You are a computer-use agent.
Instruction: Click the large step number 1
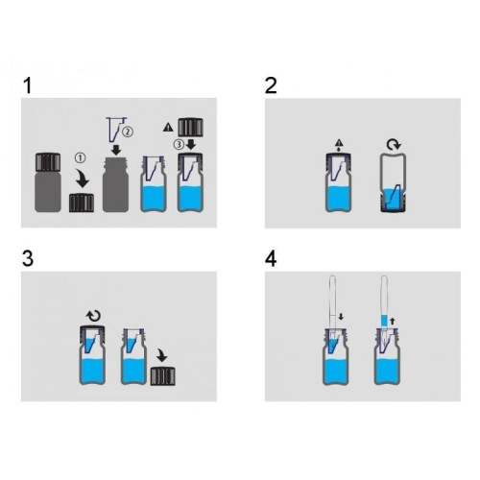tap(28, 86)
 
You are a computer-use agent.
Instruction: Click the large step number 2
tap(271, 86)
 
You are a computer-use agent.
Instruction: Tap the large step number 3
tap(28, 259)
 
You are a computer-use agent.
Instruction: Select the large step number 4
tap(271, 259)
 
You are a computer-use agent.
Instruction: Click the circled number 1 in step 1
tap(81, 157)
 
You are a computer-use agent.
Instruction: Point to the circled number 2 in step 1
tap(128, 132)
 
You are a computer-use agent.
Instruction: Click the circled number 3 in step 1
tap(179, 145)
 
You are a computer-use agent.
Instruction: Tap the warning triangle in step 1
tap(168, 128)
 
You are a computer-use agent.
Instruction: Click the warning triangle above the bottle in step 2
tap(339, 143)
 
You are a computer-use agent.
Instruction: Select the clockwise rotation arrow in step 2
tap(394, 145)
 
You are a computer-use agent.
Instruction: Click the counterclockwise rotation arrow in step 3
tap(93, 316)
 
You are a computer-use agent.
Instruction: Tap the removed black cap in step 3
tap(163, 376)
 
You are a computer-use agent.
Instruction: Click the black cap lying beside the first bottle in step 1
tap(82, 203)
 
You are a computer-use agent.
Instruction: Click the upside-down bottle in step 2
tap(394, 182)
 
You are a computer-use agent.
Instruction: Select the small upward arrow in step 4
tap(393, 321)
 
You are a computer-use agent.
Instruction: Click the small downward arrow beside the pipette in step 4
tap(341, 317)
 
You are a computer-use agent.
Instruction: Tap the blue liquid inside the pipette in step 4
tap(384, 321)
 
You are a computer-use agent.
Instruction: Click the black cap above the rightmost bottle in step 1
tap(190, 128)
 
